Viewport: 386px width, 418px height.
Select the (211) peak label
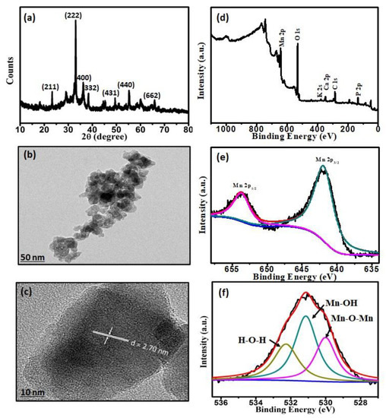pyautogui.click(x=52, y=87)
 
